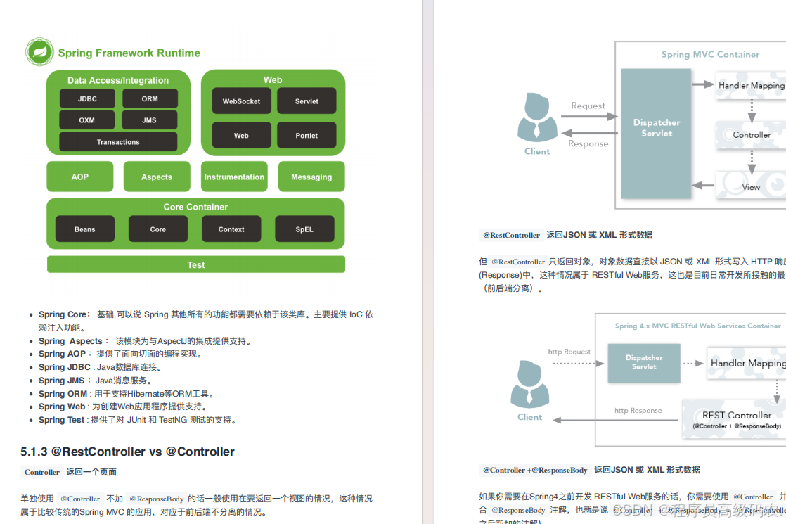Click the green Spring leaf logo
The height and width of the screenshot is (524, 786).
(x=39, y=53)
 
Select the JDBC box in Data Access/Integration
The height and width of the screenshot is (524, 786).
(x=87, y=99)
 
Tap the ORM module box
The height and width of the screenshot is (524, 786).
(x=150, y=99)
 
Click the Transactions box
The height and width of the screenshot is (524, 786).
(x=118, y=142)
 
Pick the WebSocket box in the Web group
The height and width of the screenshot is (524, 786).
(x=241, y=101)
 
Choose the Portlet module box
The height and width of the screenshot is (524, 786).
(x=307, y=136)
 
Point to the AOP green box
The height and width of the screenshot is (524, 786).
(x=80, y=177)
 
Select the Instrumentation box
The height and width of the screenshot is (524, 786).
(x=234, y=177)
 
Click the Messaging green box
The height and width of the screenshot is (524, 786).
(x=311, y=177)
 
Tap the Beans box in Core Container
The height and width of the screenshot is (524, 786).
(x=85, y=229)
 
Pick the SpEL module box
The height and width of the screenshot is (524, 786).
(x=304, y=229)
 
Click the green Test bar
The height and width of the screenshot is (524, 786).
(x=196, y=264)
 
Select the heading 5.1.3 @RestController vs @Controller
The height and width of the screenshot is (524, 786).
(x=128, y=452)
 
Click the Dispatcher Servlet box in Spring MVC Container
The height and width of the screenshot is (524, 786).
(x=657, y=128)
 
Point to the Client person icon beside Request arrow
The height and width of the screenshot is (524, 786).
(x=537, y=117)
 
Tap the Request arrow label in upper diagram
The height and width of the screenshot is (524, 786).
(x=588, y=106)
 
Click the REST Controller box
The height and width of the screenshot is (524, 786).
(x=735, y=418)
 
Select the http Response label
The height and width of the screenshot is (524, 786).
(x=638, y=411)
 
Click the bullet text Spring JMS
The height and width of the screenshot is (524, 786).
(x=62, y=381)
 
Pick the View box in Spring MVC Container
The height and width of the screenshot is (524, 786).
(x=751, y=186)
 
